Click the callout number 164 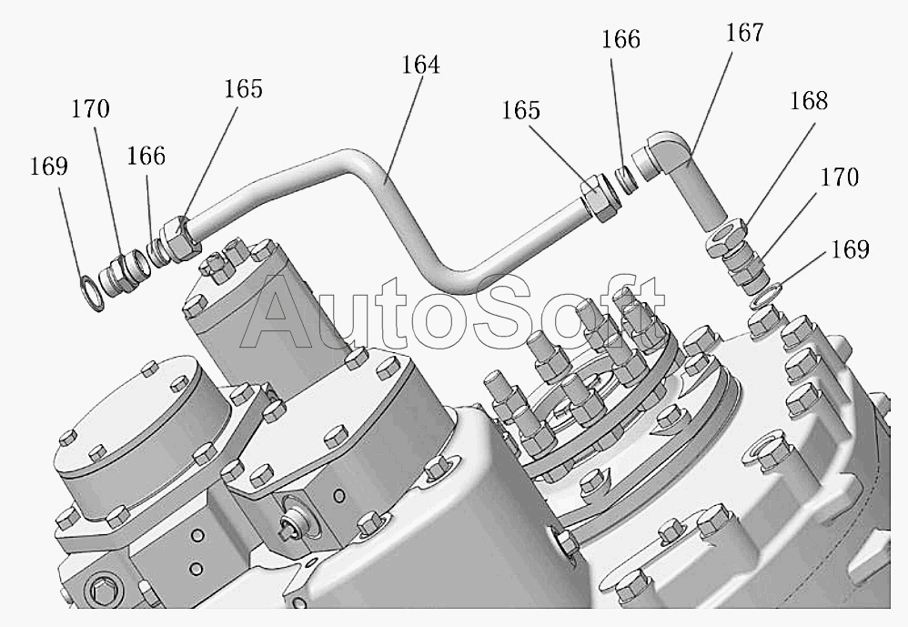[421, 65]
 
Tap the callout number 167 [745, 33]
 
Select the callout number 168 [809, 101]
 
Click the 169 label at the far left [48, 167]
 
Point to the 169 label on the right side [850, 249]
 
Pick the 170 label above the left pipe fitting [90, 109]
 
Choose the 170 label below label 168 [840, 177]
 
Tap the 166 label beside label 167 [620, 39]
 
